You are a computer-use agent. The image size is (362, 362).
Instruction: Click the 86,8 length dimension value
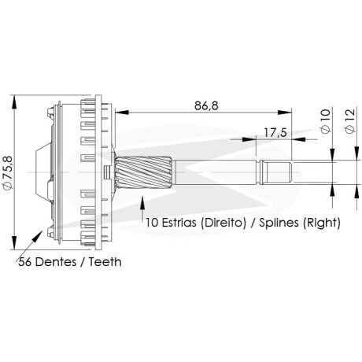pos(206,105)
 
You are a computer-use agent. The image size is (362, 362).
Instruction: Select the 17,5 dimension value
pos(275,133)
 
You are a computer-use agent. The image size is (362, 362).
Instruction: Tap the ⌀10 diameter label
pos(325,121)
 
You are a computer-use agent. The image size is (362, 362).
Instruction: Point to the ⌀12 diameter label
pos(350,120)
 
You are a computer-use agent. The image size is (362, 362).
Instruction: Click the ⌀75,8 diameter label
pos(8,172)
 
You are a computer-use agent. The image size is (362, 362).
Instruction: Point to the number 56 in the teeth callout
pos(25,262)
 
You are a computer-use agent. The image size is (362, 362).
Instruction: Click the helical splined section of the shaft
pos(144,172)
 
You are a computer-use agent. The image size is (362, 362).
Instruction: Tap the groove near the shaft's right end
pos(260,172)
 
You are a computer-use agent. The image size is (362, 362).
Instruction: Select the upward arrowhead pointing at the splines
pos(142,203)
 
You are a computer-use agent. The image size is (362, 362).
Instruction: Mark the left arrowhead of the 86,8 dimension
pos(122,112)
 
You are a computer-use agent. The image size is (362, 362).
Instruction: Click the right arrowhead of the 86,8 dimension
pos(285,112)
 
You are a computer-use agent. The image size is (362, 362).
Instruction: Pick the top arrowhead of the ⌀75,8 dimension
pos(14,102)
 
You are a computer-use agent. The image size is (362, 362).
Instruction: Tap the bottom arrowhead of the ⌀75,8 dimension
pos(14,242)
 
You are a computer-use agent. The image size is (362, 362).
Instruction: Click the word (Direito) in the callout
pos(223,223)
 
